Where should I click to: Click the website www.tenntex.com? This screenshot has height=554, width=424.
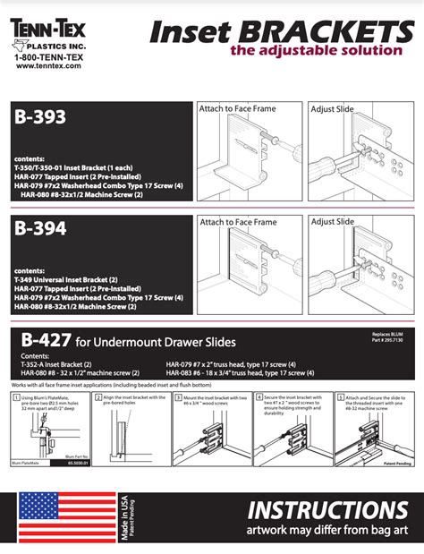50,65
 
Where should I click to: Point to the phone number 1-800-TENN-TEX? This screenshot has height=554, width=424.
50,55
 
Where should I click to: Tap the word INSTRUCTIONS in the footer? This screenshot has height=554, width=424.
329,511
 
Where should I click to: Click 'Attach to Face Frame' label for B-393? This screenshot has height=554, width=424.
238,109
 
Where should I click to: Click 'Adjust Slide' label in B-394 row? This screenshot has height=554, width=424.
333,221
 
